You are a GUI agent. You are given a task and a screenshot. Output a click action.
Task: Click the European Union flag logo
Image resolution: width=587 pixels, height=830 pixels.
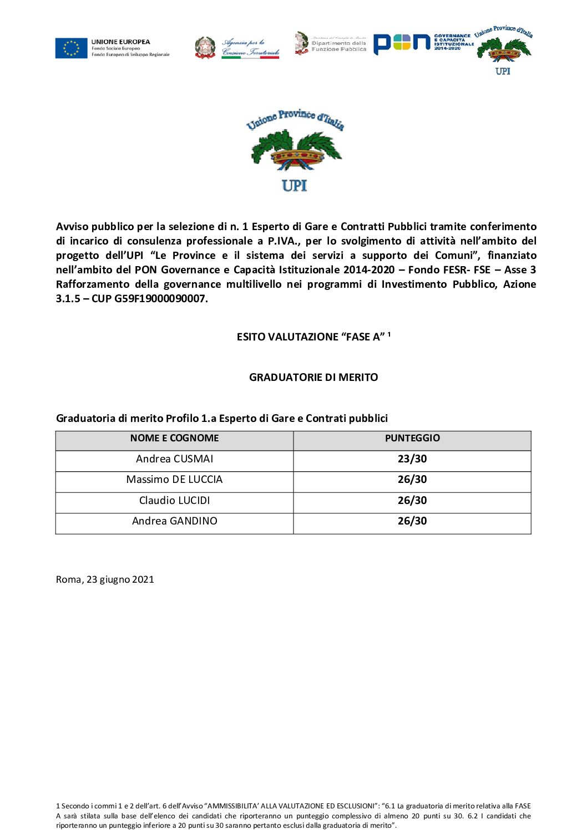pyautogui.click(x=71, y=48)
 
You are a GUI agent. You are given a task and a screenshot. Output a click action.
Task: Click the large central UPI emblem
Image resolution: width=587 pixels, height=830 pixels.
pyautogui.click(x=295, y=150)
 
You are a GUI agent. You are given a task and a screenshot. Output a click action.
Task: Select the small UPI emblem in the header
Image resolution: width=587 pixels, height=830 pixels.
pyautogui.click(x=503, y=50)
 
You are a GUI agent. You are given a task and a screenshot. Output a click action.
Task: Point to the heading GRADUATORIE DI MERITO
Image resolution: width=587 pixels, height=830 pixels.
pyautogui.click(x=313, y=378)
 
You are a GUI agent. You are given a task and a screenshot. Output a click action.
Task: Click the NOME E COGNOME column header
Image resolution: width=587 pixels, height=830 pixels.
pyautogui.click(x=174, y=438)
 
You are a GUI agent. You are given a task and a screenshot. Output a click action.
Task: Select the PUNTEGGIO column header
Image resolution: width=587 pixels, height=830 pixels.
pyautogui.click(x=412, y=438)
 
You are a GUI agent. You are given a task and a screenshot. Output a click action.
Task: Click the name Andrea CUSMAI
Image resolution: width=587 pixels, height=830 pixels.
pyautogui.click(x=174, y=459)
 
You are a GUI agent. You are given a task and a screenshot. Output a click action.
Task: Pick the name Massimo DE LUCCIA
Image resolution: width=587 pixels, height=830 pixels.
pyautogui.click(x=174, y=480)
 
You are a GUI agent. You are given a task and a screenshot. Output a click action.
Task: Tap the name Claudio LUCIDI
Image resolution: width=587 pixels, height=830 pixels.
pyautogui.click(x=174, y=501)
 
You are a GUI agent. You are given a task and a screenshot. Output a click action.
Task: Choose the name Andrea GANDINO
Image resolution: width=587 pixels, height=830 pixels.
pyautogui.click(x=174, y=521)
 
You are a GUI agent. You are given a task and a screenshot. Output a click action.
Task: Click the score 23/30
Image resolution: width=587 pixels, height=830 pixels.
pyautogui.click(x=412, y=459)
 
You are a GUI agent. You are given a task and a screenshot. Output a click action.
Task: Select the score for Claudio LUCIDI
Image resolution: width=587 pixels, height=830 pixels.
pyautogui.click(x=412, y=501)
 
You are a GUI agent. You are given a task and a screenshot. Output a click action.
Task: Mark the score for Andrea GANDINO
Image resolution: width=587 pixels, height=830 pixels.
pyautogui.click(x=412, y=521)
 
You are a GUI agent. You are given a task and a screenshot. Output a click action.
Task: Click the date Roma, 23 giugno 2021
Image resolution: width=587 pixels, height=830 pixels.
pyautogui.click(x=105, y=579)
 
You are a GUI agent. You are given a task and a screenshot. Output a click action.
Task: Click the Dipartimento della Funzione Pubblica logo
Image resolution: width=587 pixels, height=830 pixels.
pyautogui.click(x=331, y=44)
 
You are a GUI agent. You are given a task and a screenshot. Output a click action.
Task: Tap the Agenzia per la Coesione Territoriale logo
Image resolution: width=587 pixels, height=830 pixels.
pyautogui.click(x=237, y=48)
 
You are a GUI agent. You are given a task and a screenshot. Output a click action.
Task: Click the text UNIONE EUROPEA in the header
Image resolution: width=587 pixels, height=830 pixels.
pyautogui.click(x=120, y=42)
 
